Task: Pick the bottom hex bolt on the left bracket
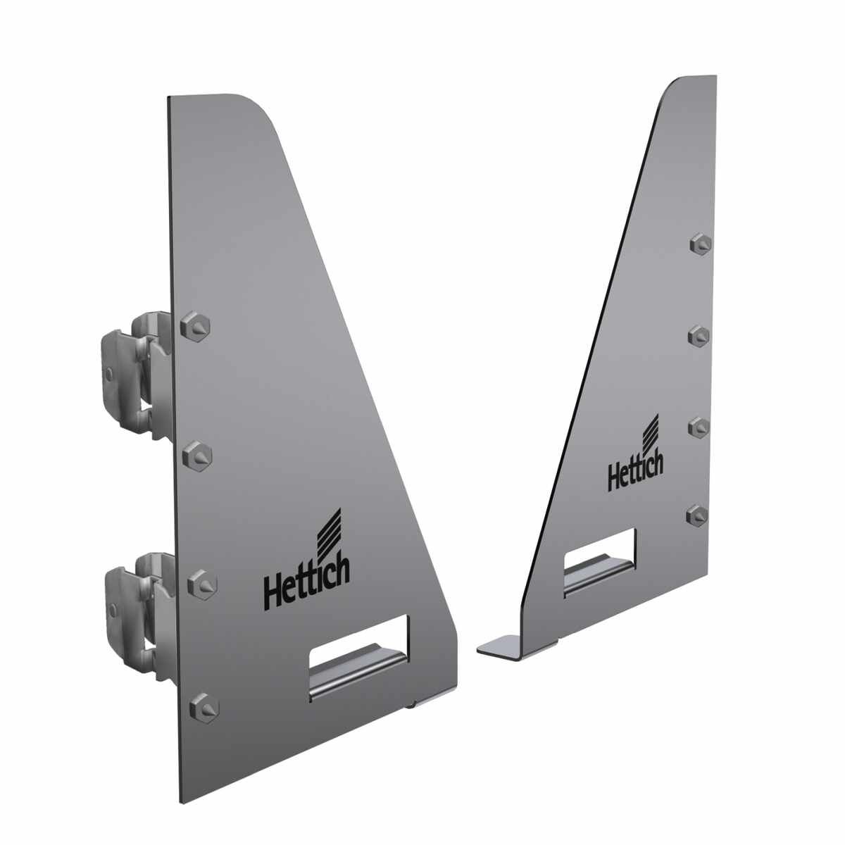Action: tap(204, 708)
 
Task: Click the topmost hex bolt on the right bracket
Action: tap(701, 244)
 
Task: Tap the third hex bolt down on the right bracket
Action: tap(699, 427)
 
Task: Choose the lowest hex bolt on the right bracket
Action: tap(697, 515)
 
